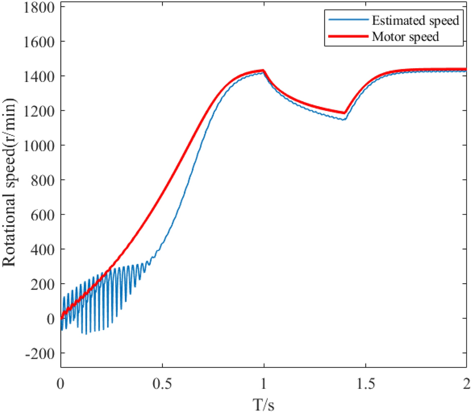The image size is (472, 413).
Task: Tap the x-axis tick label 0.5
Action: tap(162, 381)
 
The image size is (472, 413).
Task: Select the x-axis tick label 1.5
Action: tap(365, 381)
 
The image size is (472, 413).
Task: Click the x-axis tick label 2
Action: tap(466, 381)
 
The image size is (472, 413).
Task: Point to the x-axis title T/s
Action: tap(263, 403)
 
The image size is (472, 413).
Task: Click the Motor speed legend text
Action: tap(405, 37)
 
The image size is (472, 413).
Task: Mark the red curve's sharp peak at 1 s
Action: tap(263, 71)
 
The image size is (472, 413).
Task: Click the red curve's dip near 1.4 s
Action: tap(345, 113)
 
